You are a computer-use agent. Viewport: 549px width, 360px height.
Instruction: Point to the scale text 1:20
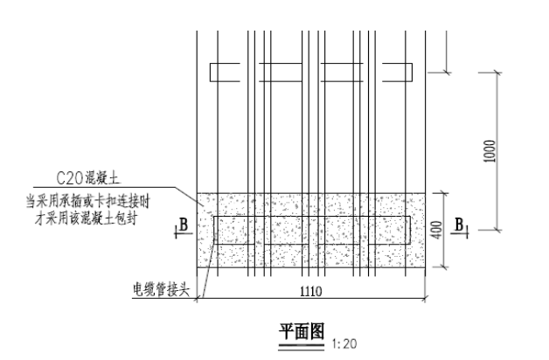click(342, 343)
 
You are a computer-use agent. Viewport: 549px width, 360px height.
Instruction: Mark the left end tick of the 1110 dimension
click(198, 300)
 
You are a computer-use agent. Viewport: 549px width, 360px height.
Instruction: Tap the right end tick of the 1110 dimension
click(427, 300)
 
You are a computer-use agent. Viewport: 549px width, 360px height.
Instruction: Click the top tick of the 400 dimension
click(446, 193)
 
